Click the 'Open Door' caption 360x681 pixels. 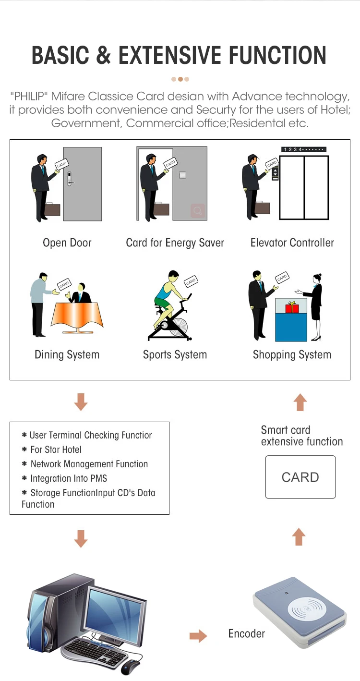(67, 243)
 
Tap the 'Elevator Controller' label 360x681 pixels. (292, 243)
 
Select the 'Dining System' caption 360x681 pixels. (67, 355)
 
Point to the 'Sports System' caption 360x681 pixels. (175, 355)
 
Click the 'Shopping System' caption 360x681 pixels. (292, 355)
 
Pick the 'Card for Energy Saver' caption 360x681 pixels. (175, 243)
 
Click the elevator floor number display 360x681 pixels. (303, 149)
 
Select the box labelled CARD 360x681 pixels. (300, 477)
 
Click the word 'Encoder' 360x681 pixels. (246, 634)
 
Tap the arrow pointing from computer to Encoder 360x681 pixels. (198, 636)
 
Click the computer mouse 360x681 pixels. (130, 667)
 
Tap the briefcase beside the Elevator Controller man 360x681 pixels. (262, 208)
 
